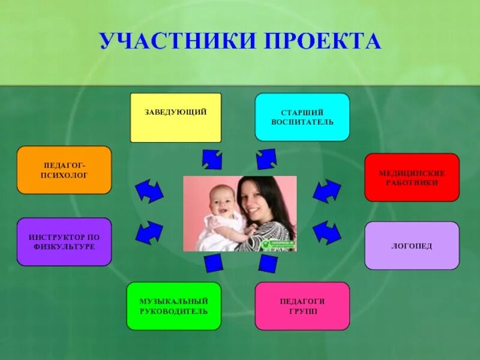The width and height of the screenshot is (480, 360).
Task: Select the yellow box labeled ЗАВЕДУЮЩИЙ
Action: (176, 117)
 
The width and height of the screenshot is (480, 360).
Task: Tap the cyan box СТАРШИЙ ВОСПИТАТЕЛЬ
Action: (302, 117)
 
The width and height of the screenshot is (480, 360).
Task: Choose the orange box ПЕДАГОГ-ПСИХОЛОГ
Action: (64, 170)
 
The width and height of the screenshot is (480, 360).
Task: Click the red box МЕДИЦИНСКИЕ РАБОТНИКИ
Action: (412, 177)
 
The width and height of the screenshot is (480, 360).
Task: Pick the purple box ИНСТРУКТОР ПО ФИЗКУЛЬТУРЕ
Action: (64, 241)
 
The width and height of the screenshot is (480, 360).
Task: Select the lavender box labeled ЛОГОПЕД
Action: (412, 245)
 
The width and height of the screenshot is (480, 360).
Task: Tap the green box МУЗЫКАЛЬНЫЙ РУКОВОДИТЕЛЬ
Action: (173, 306)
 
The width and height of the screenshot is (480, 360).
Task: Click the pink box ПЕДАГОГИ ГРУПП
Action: (302, 306)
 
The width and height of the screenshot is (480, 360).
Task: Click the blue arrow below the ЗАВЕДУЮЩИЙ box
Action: (212, 159)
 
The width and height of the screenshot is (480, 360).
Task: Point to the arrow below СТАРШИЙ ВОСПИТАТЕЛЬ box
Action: (266, 159)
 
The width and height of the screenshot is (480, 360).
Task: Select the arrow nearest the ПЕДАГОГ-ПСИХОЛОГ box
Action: (149, 191)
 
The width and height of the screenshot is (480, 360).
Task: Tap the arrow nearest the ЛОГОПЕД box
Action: (327, 231)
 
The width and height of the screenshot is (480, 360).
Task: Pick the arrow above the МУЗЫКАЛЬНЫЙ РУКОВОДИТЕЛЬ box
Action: (213, 263)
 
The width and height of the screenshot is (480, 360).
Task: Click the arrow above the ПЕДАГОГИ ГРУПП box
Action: (268, 263)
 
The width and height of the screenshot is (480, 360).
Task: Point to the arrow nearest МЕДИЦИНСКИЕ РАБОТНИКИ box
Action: (327, 191)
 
